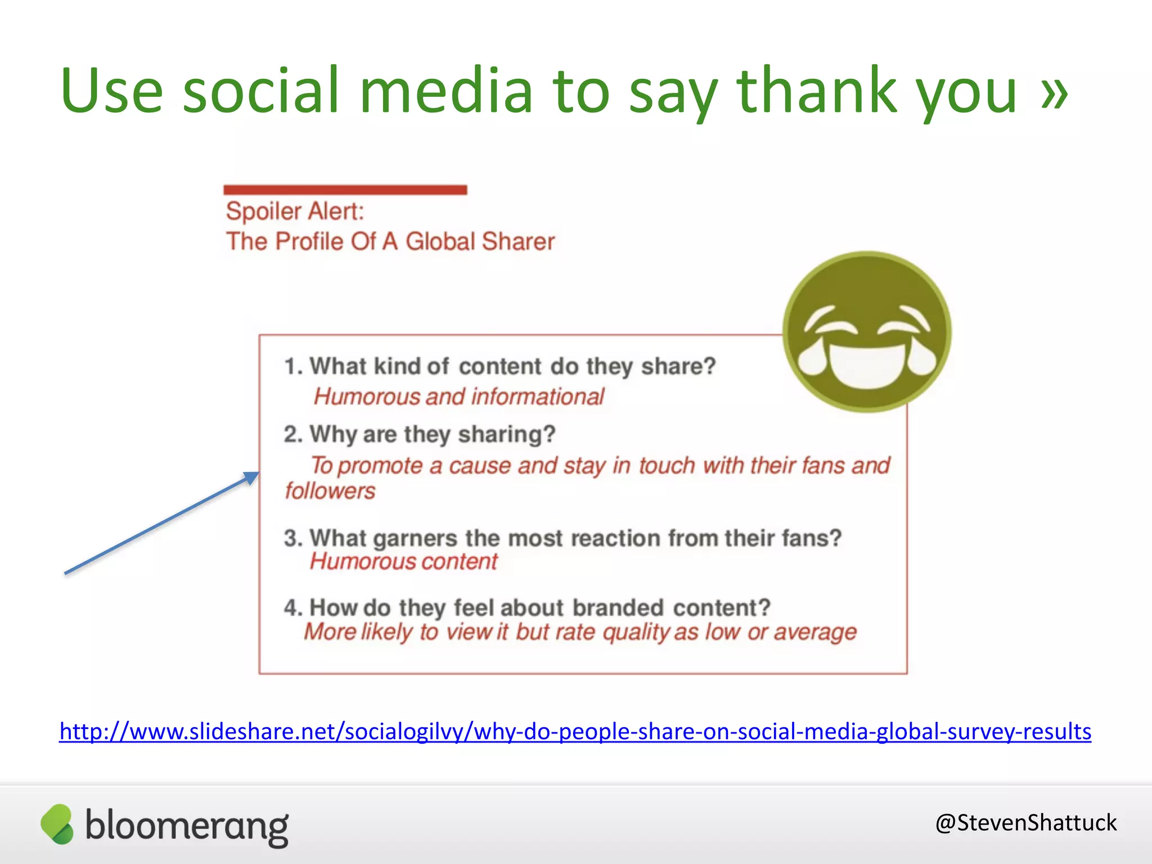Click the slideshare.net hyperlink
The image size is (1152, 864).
point(575,731)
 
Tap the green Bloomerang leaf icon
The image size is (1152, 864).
point(57,824)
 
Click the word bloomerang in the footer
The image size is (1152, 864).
point(187,825)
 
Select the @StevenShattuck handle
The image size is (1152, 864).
point(1025,822)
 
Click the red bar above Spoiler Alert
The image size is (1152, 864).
point(345,190)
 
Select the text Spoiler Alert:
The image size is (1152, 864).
point(295,211)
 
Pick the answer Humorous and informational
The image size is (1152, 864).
point(458,397)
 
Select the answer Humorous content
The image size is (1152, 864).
point(403,561)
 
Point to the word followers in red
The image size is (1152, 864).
point(330,491)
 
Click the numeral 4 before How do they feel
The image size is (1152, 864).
point(291,607)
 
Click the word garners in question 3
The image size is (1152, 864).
point(415,538)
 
